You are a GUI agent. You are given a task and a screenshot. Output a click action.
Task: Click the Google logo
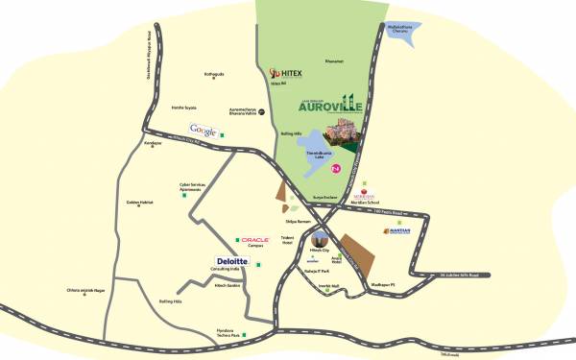(x=203, y=130)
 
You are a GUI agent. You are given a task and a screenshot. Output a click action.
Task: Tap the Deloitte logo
(x=233, y=260)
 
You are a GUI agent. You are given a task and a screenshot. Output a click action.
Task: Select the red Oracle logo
(x=254, y=239)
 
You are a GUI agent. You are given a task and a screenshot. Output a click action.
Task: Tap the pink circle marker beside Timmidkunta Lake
(x=336, y=168)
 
